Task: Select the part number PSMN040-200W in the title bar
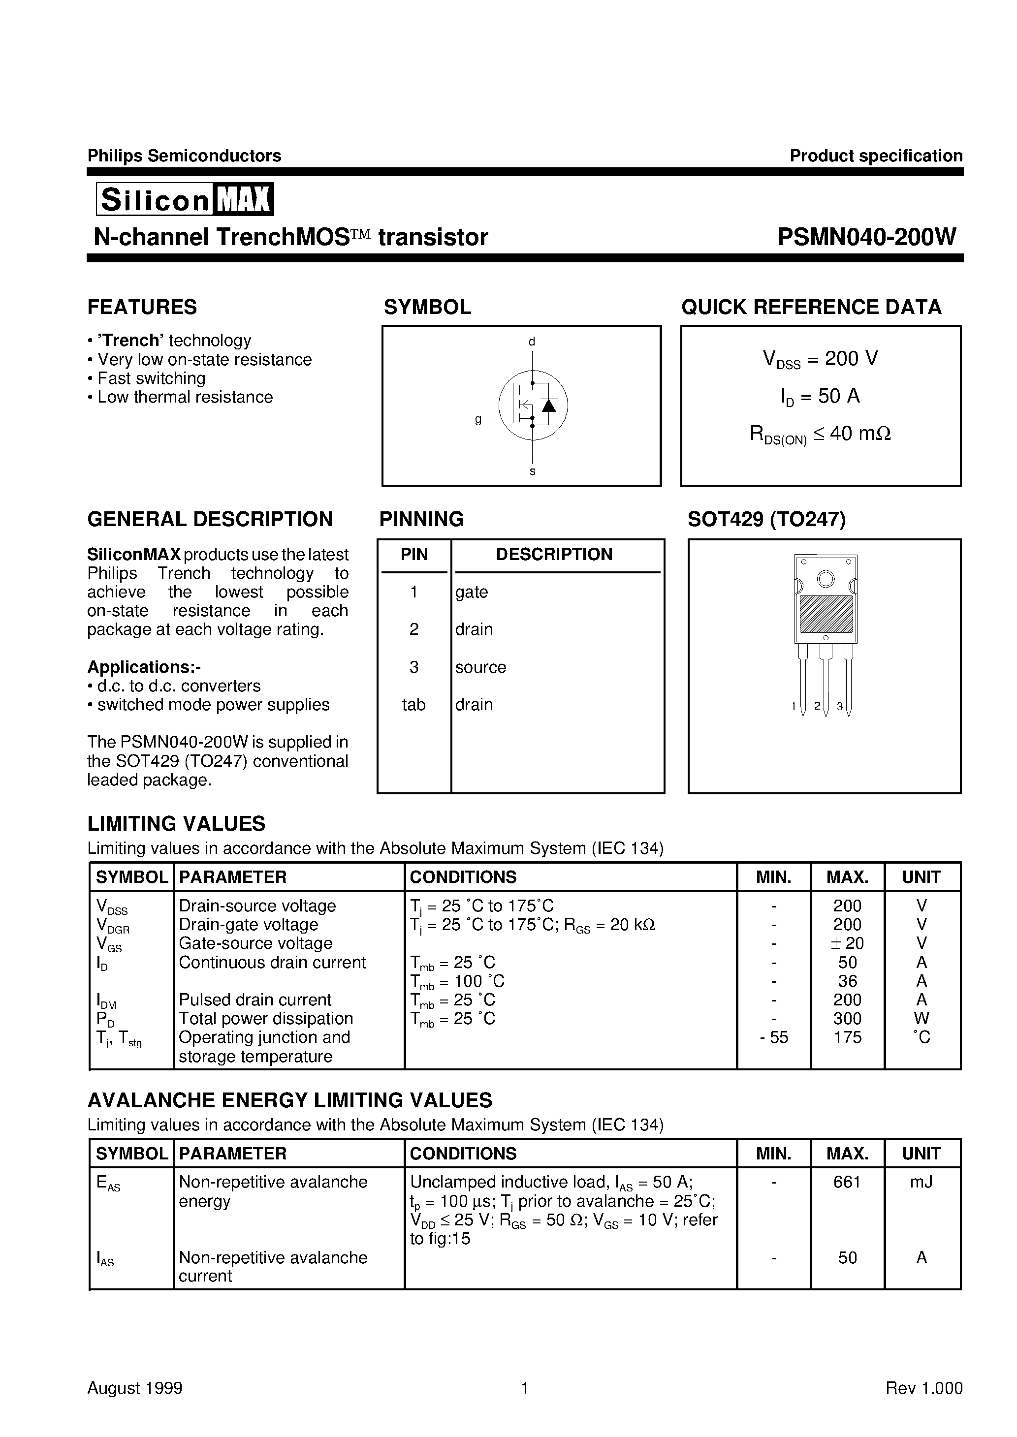pyautogui.click(x=867, y=237)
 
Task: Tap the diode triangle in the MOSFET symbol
pyautogui.click(x=548, y=405)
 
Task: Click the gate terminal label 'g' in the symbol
pyautogui.click(x=478, y=420)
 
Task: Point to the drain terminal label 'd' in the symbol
pyautogui.click(x=532, y=342)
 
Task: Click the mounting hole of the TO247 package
pyautogui.click(x=826, y=579)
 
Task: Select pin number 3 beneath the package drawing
pyautogui.click(x=840, y=707)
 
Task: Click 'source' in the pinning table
pyautogui.click(x=480, y=667)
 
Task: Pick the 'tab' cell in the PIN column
pyautogui.click(x=413, y=705)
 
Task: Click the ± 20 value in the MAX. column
pyautogui.click(x=847, y=943)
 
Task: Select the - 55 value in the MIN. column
pyautogui.click(x=773, y=1038)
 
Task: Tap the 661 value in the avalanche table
pyautogui.click(x=847, y=1182)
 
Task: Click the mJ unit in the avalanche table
pyautogui.click(x=921, y=1182)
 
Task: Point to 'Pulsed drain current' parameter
pyautogui.click(x=255, y=1000)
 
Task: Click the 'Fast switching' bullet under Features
pyautogui.click(x=151, y=378)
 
